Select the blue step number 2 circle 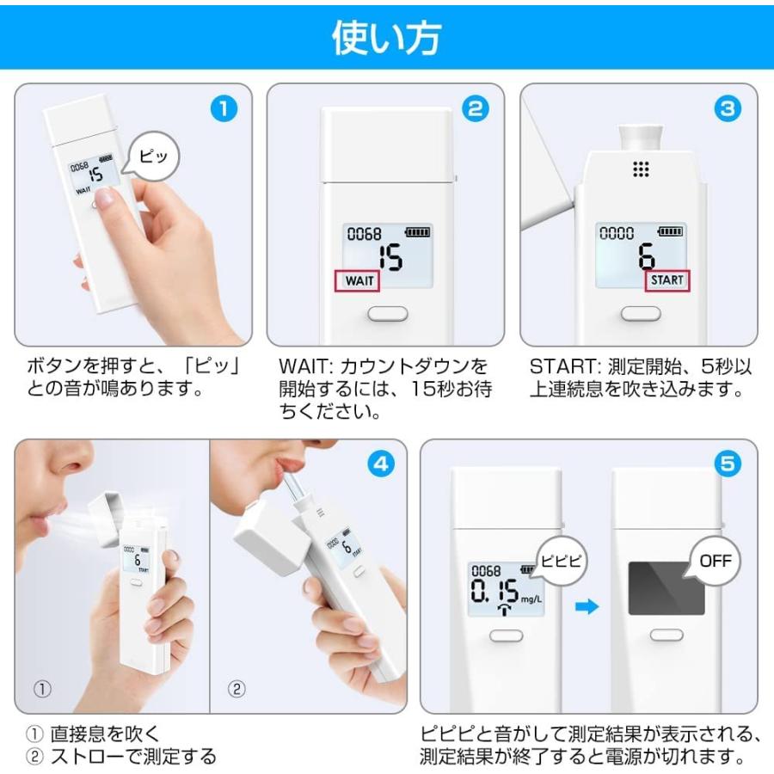pyautogui.click(x=475, y=109)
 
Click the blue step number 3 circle pyautogui.click(x=728, y=109)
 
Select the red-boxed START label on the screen pyautogui.click(x=666, y=280)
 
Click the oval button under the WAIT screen pyautogui.click(x=387, y=314)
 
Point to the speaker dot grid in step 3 pyautogui.click(x=641, y=169)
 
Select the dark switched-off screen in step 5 pyautogui.click(x=660, y=589)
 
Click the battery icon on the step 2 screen pyautogui.click(x=417, y=233)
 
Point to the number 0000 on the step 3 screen pyautogui.click(x=616, y=233)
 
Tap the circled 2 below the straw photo pyautogui.click(x=236, y=688)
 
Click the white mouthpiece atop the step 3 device pyautogui.click(x=641, y=132)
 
